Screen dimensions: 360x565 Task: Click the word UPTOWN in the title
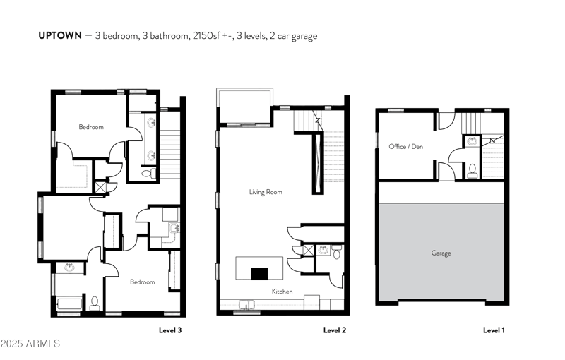(x=60, y=36)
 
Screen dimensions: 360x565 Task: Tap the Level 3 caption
(x=169, y=330)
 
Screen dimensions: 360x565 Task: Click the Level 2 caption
(x=335, y=330)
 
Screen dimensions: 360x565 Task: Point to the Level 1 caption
(x=494, y=330)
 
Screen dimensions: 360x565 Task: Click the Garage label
(x=441, y=253)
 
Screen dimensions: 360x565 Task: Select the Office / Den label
(x=405, y=147)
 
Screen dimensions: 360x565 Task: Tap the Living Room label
(x=266, y=192)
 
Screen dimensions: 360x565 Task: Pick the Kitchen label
(x=282, y=290)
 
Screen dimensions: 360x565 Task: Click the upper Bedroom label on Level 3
(x=91, y=127)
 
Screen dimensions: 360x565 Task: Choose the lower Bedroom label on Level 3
(x=142, y=282)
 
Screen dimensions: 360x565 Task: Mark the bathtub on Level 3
(x=69, y=303)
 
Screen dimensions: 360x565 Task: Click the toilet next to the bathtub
(x=94, y=302)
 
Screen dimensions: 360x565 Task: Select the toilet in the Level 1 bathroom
(x=472, y=169)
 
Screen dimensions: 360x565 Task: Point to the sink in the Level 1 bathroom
(x=473, y=141)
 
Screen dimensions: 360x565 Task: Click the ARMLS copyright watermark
(x=32, y=344)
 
